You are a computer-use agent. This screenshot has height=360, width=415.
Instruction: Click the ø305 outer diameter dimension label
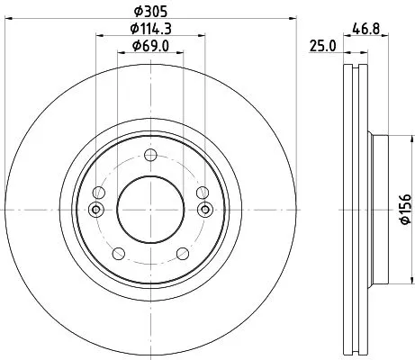[150, 12]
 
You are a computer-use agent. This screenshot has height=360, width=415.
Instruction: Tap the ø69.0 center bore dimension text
[150, 46]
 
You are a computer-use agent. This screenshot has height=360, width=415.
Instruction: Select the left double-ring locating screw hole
[96, 210]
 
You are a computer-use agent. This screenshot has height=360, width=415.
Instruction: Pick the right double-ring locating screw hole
[204, 210]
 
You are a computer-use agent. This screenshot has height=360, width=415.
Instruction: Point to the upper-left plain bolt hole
[99, 192]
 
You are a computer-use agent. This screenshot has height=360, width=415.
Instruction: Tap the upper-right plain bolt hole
[202, 192]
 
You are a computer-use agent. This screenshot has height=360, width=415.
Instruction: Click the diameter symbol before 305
[137, 12]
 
